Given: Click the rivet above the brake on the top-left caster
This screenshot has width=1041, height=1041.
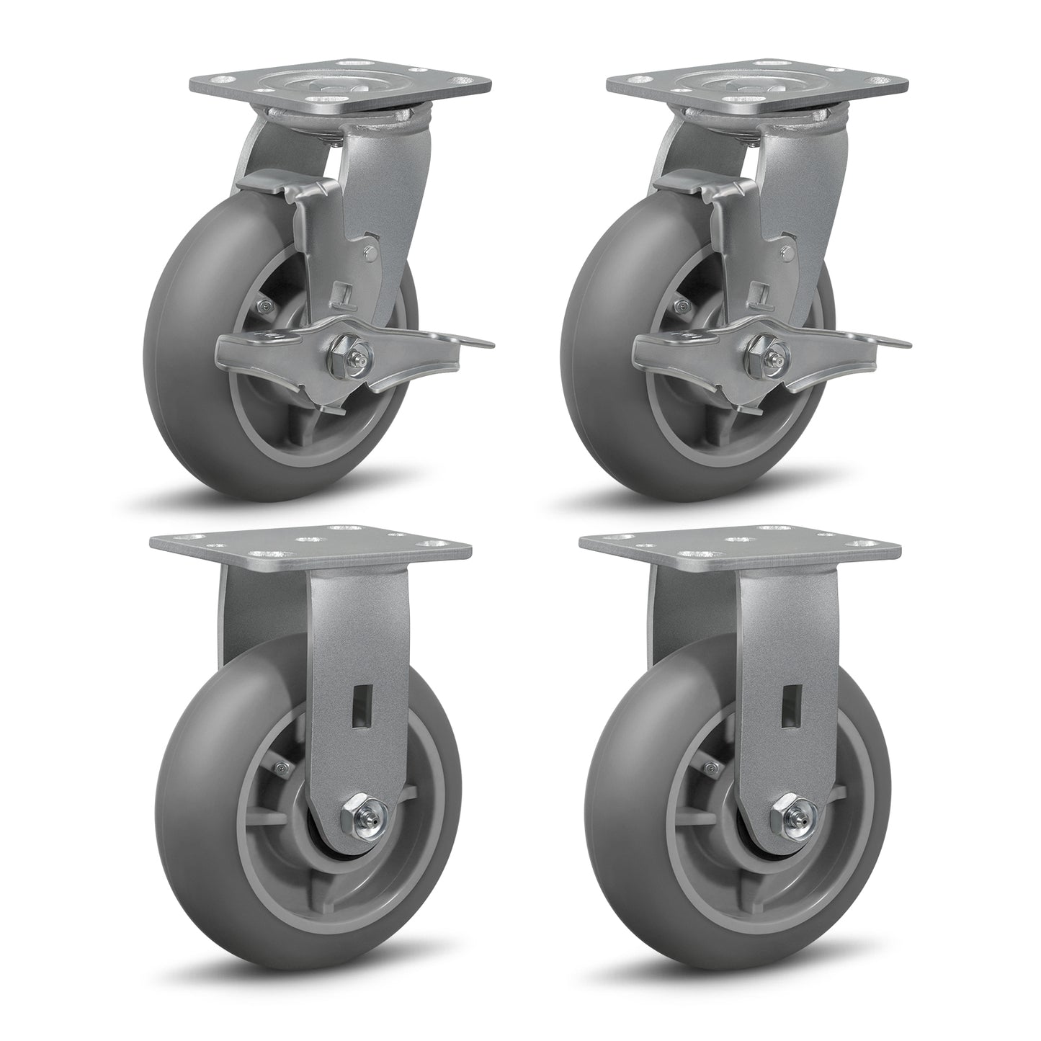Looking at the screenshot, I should pyautogui.click(x=370, y=253).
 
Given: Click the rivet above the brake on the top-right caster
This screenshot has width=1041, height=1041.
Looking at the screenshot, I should pyautogui.click(x=787, y=253).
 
